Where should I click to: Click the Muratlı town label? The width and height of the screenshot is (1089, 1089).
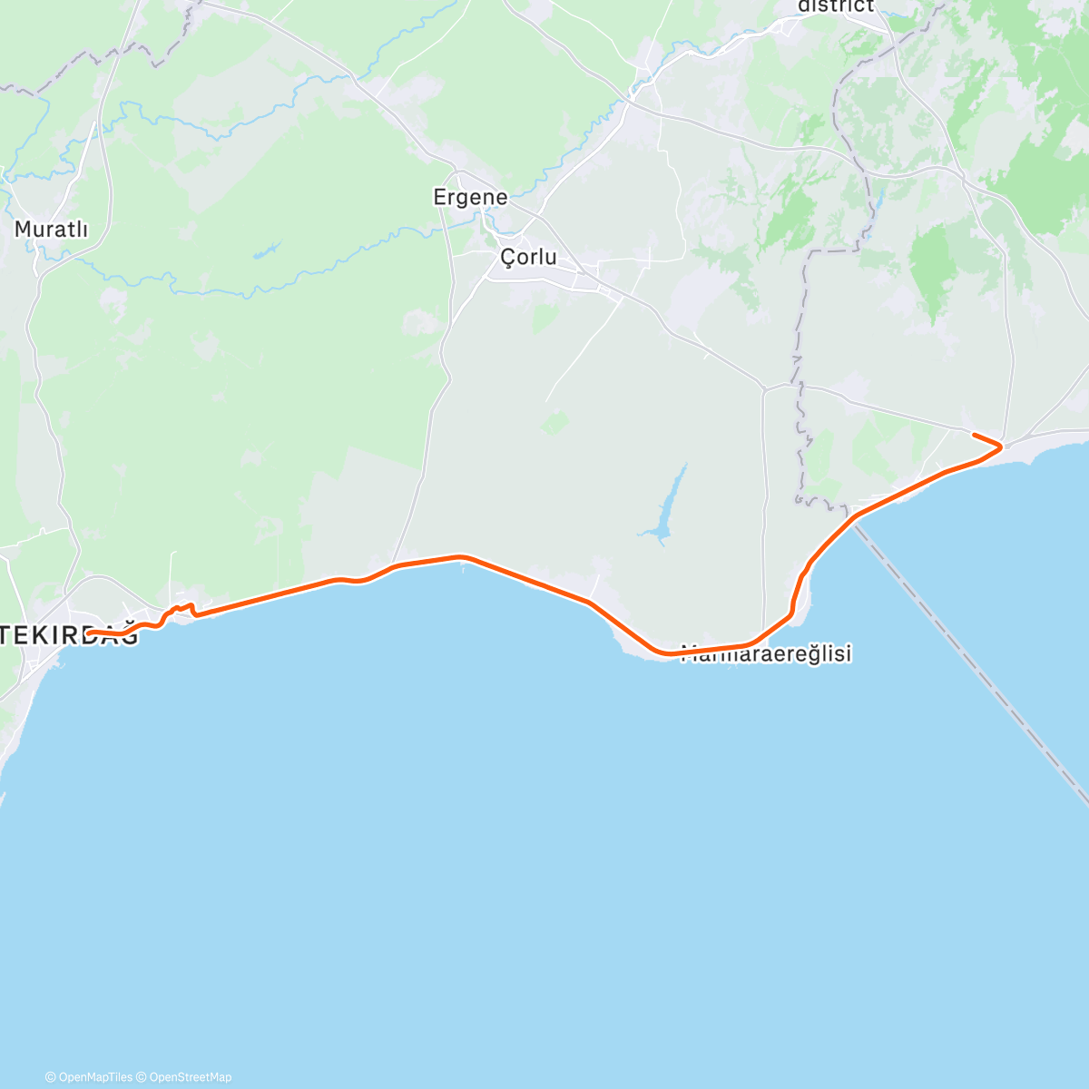click(51, 230)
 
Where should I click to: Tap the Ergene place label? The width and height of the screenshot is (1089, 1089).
click(470, 197)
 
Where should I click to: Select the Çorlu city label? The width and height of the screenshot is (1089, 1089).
click(528, 258)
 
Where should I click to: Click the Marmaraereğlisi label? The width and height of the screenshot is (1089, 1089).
click(767, 654)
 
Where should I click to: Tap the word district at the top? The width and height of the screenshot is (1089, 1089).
click(835, 6)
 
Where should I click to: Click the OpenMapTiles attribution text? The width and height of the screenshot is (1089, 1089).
click(88, 1077)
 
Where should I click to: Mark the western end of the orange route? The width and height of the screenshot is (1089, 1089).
click(89, 633)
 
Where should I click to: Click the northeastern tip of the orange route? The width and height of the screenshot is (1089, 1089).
click(975, 436)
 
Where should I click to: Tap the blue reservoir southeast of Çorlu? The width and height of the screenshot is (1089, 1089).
click(667, 508)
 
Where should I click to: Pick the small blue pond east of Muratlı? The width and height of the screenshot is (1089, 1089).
click(267, 250)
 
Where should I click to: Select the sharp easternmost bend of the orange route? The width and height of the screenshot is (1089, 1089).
click(1001, 446)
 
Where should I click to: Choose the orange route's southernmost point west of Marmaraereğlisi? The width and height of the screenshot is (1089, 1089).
click(662, 652)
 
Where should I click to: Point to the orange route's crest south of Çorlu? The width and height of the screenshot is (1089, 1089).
click(460, 556)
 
